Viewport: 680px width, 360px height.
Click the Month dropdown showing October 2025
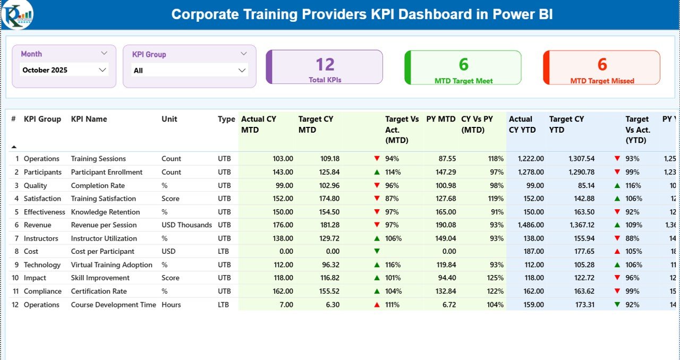point(64,70)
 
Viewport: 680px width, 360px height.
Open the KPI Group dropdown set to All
point(189,70)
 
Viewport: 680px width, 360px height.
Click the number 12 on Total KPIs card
point(325,64)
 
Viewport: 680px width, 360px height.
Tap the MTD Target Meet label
point(463,81)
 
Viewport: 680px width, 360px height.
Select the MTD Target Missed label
point(602,81)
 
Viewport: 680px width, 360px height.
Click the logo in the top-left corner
point(17,14)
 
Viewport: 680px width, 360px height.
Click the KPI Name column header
point(89,119)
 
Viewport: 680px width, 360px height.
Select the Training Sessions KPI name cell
point(98,159)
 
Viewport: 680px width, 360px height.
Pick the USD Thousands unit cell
point(186,225)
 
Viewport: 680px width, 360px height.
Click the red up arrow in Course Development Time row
point(377,305)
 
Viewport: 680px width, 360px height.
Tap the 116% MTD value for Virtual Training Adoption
point(392,265)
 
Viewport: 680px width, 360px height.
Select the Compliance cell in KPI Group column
point(42,292)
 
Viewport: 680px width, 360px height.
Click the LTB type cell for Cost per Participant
point(224,252)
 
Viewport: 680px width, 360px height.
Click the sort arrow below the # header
point(14,147)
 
